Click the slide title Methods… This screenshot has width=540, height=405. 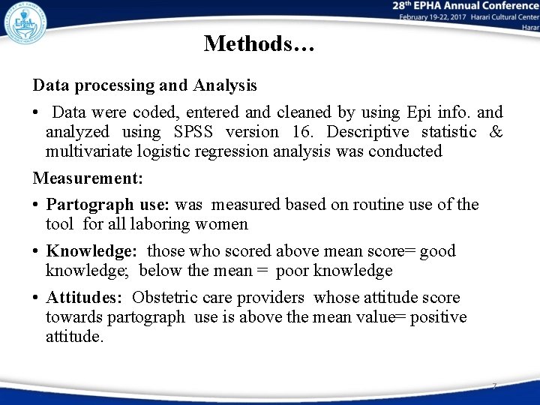coord(259,43)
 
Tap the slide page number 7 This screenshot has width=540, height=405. coord(494,386)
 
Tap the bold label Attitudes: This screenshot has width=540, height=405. coord(85,298)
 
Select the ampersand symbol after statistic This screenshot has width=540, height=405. coord(496,132)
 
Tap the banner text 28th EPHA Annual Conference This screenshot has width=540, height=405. coord(465,7)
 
